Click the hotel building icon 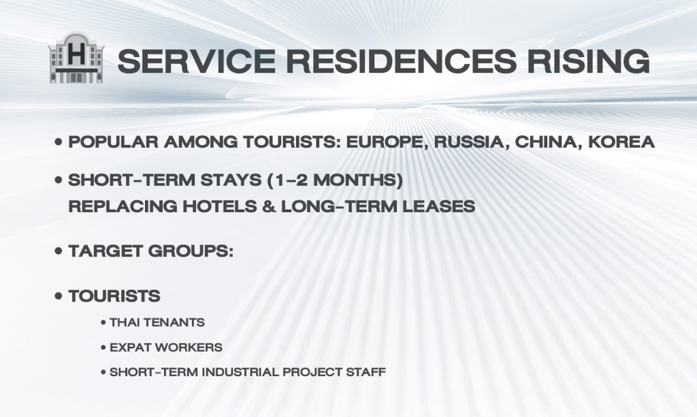pyautogui.click(x=76, y=58)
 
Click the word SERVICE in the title pyautogui.click(x=197, y=61)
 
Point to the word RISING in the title pyautogui.click(x=589, y=61)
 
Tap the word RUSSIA pyautogui.click(x=472, y=143)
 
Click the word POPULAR pyautogui.click(x=114, y=142)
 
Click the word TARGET pyautogui.click(x=105, y=251)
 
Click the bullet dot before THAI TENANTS pyautogui.click(x=103, y=323)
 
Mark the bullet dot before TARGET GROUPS pyautogui.click(x=59, y=251)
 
